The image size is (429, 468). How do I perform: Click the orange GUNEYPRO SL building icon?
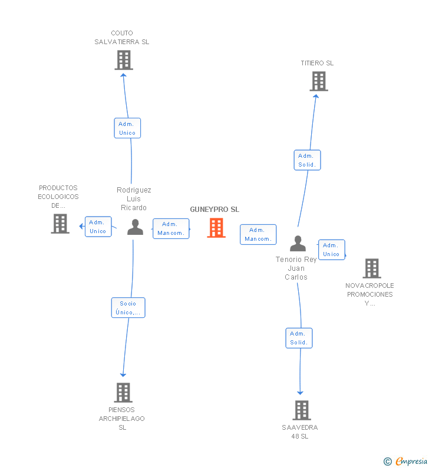coord(216,228)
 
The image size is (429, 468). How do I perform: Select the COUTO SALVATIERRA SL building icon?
coord(124,60)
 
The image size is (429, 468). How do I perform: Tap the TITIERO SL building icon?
coord(319,81)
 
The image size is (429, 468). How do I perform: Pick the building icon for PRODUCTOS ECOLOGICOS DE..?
coord(60,224)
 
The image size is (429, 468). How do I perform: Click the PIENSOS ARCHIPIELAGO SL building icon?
coord(123,393)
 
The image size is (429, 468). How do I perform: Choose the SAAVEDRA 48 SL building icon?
coord(302,410)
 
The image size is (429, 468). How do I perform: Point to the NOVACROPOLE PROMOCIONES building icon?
coord(372,268)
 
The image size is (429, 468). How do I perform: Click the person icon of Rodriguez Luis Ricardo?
coord(135,227)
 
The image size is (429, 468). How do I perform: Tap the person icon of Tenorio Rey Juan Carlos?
coord(298,243)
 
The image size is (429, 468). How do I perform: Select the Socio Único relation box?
coord(128,308)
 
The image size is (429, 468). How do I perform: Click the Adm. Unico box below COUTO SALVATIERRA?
coord(127,128)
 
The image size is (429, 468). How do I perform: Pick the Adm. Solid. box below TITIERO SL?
coord(307,160)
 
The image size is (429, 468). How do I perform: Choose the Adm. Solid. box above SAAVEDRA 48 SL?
coord(299,338)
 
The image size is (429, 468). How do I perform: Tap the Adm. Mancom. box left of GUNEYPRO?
coord(171,228)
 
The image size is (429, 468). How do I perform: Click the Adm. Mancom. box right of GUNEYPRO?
coord(258,235)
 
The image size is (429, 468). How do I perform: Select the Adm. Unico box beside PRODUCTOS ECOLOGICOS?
coord(98,227)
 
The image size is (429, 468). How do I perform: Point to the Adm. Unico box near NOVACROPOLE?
coord(332,250)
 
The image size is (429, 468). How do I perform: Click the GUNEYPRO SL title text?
coord(214,210)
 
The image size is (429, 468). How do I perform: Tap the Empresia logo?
coord(405,461)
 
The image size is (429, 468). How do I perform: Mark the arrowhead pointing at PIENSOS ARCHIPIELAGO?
coord(123,375)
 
